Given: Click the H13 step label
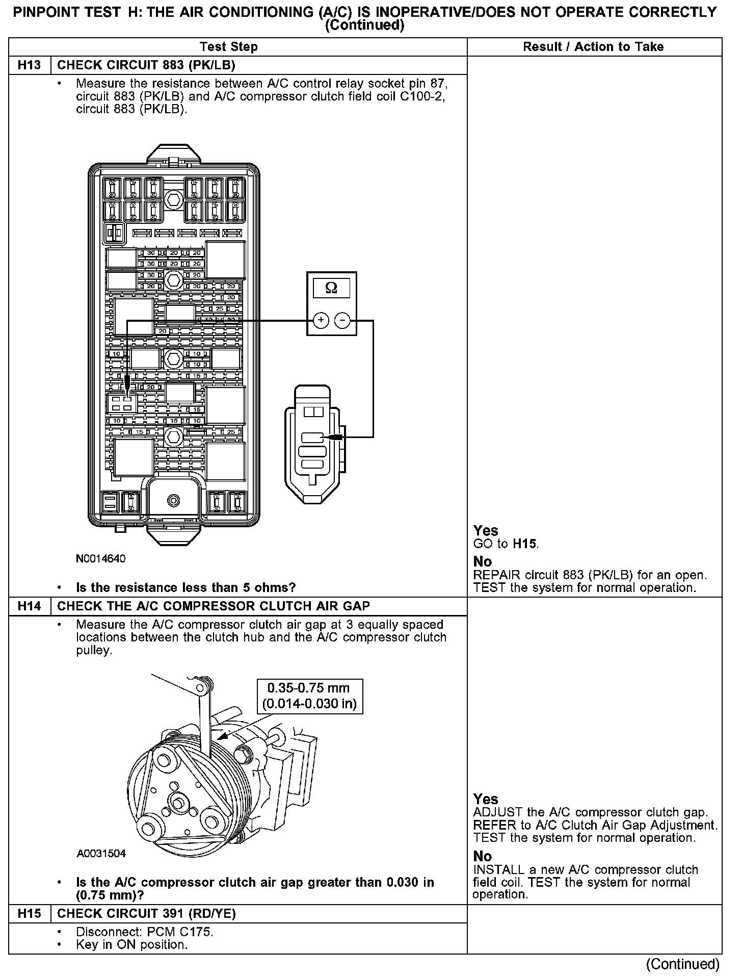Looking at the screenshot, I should click(x=30, y=65).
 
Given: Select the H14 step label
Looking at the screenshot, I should click(x=30, y=606).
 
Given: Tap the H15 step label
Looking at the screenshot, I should click(x=30, y=913).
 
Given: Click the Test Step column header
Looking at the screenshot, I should click(x=229, y=47).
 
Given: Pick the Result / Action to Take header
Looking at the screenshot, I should click(x=593, y=47).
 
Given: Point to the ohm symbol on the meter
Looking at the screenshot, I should click(x=331, y=288).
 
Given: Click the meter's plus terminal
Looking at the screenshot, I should click(x=321, y=320).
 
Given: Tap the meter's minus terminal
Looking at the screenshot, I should click(x=342, y=320).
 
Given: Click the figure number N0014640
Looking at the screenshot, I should click(x=100, y=558).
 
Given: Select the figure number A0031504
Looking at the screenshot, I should click(x=101, y=854).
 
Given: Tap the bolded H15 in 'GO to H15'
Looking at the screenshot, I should click(x=525, y=544).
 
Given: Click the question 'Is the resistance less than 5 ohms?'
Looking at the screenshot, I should click(x=185, y=587).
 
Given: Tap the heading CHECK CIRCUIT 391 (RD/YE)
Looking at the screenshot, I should click(x=147, y=913).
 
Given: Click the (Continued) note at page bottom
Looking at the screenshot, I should click(x=682, y=964).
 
